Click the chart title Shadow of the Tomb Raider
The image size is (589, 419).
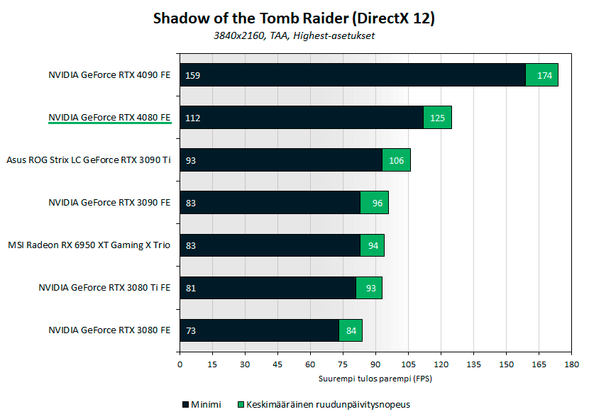pyautogui.click(x=294, y=18)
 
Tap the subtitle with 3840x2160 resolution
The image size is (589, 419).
pyautogui.click(x=294, y=35)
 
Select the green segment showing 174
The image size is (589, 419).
pyautogui.click(x=541, y=75)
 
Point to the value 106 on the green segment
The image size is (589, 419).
pyautogui.click(x=396, y=160)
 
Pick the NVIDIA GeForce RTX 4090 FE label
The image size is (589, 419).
pyautogui.click(x=109, y=74)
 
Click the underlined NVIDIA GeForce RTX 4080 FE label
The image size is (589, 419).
pyautogui.click(x=109, y=117)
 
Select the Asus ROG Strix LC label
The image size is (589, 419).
pyautogui.click(x=89, y=160)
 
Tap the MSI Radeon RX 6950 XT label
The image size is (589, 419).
pyautogui.click(x=89, y=245)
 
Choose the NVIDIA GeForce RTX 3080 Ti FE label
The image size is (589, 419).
pyautogui.click(x=104, y=287)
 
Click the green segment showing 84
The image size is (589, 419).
pyautogui.click(x=351, y=330)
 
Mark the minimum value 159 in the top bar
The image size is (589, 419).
pyautogui.click(x=192, y=75)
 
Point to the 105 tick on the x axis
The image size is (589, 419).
pyautogui.click(x=408, y=364)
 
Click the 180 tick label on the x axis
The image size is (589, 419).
pyautogui.click(x=571, y=364)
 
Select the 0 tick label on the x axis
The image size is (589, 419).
pyautogui.click(x=180, y=364)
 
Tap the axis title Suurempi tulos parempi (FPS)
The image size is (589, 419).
pyautogui.click(x=375, y=378)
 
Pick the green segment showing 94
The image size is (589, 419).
pyautogui.click(x=372, y=245)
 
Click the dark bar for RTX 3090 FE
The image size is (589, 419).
pyautogui.click(x=270, y=203)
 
